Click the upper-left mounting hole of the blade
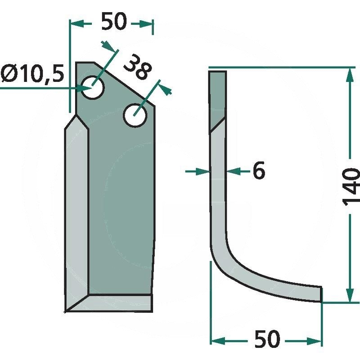click(93, 87)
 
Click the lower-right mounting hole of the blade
click(135, 116)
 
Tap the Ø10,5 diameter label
click(32, 74)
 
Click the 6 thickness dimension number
click(259, 171)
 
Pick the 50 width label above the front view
click(114, 21)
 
